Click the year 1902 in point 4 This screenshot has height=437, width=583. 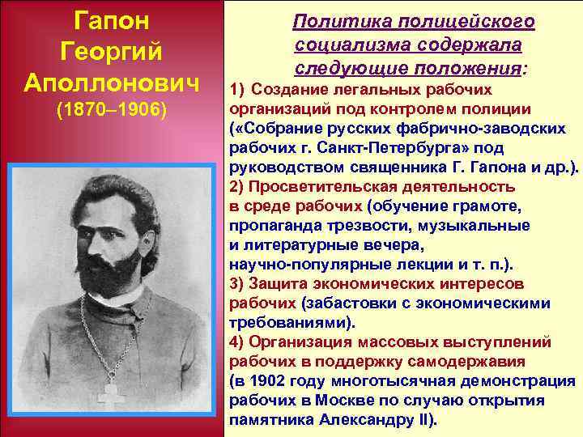[x=268, y=381]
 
